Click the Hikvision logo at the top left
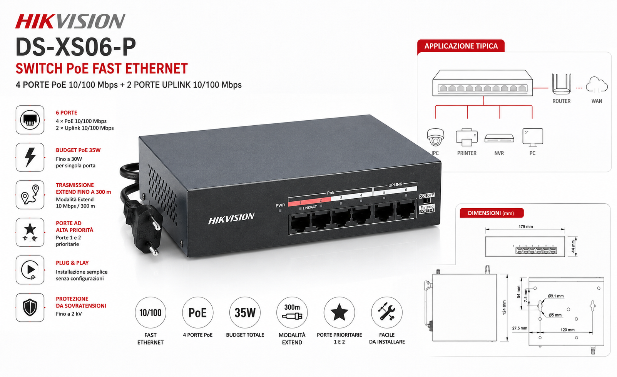[70, 21]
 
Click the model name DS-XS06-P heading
[76, 47]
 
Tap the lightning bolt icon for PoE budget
[30, 157]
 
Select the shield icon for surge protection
[30, 307]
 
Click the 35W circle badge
[245, 312]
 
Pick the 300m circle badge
[292, 312]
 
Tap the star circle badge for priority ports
[339, 312]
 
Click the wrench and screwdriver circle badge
[387, 312]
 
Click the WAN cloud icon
[597, 85]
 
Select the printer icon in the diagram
[467, 137]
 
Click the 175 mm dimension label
[525, 227]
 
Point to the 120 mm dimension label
[567, 330]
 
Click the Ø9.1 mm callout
[555, 296]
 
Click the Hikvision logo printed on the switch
[231, 218]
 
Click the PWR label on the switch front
[280, 205]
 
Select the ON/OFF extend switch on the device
[427, 198]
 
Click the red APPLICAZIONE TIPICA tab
[461, 46]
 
